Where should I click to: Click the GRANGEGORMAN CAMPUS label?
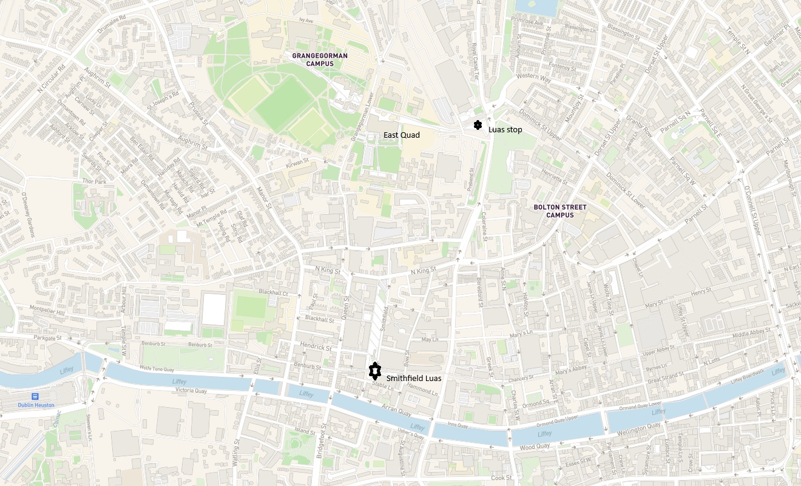tap(320, 59)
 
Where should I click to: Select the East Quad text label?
tap(402, 135)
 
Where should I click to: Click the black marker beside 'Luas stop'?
tap(478, 125)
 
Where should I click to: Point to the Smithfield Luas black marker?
tap(376, 370)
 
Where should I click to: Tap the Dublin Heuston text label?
tap(36, 405)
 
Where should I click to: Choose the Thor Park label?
tap(93, 181)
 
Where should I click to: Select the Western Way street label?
tap(533, 78)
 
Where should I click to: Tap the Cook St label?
tap(501, 478)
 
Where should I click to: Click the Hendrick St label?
tap(316, 348)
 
